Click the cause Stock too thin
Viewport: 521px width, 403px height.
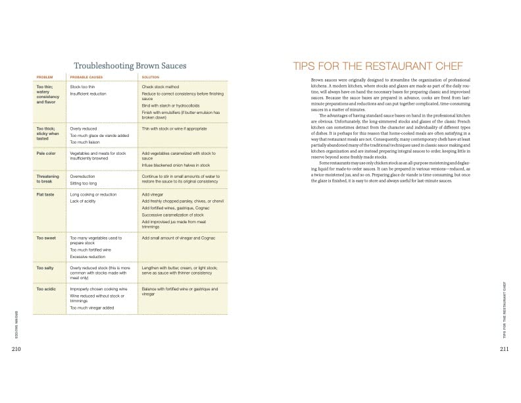[85, 87]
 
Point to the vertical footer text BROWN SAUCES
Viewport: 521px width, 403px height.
[16, 321]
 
